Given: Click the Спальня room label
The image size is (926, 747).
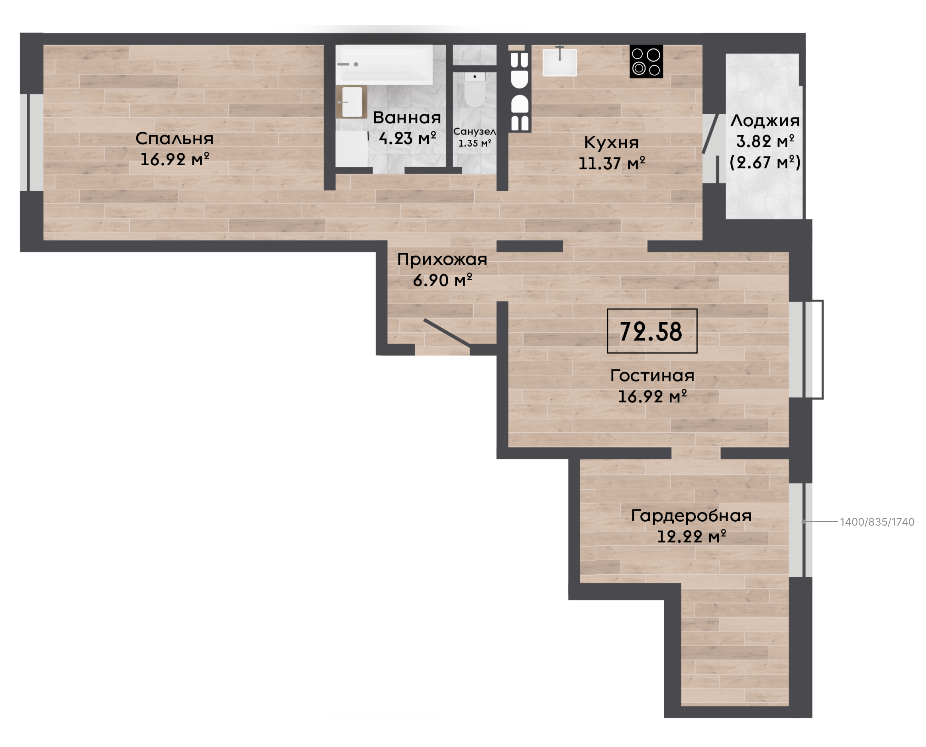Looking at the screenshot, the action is click(175, 139).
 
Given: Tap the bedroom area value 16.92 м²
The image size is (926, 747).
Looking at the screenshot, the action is click(175, 160).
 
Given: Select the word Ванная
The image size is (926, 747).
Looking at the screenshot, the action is click(407, 118).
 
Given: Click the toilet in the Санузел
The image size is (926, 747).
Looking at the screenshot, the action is click(475, 89).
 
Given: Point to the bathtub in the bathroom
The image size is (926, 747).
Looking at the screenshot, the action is click(385, 65).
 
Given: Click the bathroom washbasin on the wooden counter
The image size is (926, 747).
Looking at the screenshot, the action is click(352, 102).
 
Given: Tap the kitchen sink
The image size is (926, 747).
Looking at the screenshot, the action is click(560, 63).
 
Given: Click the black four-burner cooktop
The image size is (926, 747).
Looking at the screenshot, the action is click(646, 62).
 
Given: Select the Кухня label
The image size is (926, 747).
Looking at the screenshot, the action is click(611, 143).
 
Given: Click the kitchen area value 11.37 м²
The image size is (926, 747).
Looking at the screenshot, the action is click(612, 164).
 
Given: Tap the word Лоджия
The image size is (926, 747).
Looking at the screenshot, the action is click(765, 121).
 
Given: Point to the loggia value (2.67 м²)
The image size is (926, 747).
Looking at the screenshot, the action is click(765, 162).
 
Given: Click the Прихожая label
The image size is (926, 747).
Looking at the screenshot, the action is click(442, 259).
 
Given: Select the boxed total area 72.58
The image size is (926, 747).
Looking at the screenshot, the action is click(651, 331).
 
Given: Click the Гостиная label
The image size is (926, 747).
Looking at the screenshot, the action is click(652, 375).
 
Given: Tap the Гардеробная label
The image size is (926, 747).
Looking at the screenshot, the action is click(691, 516).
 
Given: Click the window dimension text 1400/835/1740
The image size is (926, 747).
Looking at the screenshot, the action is click(877, 522).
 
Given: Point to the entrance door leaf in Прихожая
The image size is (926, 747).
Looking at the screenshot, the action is click(447, 332).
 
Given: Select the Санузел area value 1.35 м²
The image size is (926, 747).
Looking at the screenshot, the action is click(475, 143).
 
